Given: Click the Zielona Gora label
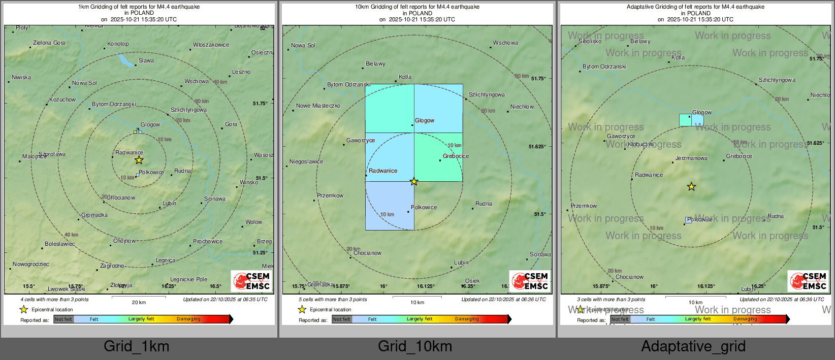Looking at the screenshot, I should [x=49, y=43].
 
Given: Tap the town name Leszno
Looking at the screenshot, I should [x=241, y=72].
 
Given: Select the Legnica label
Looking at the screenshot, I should [x=165, y=260].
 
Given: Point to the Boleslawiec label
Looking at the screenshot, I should [x=59, y=244].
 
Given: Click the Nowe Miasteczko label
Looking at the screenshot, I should [x=318, y=106].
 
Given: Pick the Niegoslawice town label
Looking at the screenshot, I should [x=306, y=162].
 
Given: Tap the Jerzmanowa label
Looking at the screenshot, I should [x=691, y=158].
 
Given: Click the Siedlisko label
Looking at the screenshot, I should [x=590, y=42].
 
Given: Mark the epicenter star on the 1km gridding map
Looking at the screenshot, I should [x=139, y=160].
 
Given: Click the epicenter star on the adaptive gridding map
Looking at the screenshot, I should [x=691, y=187].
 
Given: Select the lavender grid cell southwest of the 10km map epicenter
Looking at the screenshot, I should [x=390, y=206].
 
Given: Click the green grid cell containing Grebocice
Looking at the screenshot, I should [x=438, y=157].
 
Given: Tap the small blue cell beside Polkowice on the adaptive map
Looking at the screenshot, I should [x=688, y=220].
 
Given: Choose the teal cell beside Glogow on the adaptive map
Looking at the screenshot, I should [x=685, y=120].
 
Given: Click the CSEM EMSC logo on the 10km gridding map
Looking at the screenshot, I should [x=530, y=281].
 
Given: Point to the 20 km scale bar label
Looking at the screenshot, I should [x=139, y=303].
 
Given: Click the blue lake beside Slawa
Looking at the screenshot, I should [x=125, y=60].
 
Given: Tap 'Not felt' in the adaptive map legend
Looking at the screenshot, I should [x=620, y=319].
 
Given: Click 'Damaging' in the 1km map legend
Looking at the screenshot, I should [x=188, y=319].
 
